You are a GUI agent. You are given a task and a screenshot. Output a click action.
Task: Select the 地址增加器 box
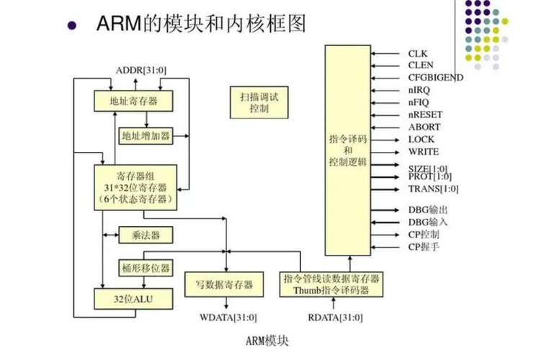[146, 135]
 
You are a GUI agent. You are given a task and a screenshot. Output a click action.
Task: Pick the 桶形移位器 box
[146, 267]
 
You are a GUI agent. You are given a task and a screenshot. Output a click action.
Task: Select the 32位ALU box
[134, 298]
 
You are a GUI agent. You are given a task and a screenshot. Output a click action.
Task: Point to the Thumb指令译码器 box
[331, 284]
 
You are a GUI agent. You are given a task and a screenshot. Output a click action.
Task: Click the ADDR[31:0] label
[141, 69]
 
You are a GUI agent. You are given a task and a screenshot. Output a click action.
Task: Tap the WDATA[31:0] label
[228, 317]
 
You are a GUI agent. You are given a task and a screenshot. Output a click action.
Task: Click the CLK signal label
[418, 53]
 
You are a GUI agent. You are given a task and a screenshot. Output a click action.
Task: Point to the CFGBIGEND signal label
[435, 78]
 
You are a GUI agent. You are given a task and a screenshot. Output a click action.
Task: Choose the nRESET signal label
[425, 114]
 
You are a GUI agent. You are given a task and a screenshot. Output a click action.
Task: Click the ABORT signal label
[424, 127]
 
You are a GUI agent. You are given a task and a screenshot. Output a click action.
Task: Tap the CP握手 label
[424, 247]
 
